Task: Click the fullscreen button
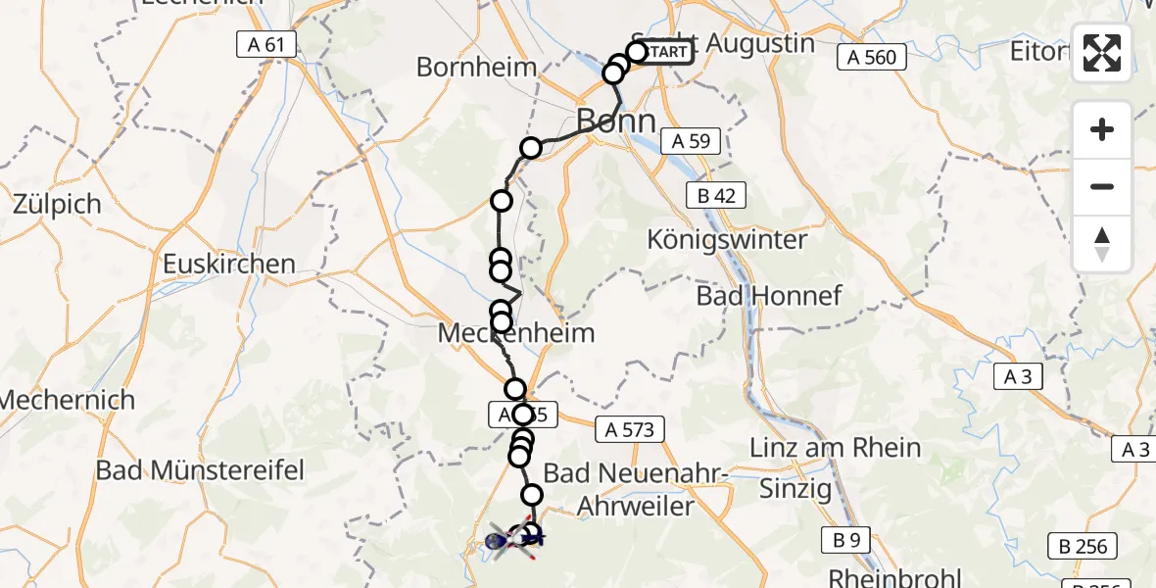pos(1102,53)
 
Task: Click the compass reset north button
pos(1102,244)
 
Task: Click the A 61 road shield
pos(265,44)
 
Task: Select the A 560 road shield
pos(872,58)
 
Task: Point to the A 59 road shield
pos(692,141)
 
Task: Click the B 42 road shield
pos(716,195)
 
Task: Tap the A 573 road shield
pos(630,428)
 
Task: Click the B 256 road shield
pos(1084,547)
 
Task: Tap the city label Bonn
pos(616,121)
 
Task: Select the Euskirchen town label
pos(229,264)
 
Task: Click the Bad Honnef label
pos(769,295)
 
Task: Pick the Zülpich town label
pos(58,205)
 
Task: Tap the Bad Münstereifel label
pos(200,470)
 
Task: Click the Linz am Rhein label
pos(835,448)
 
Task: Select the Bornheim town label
pos(477,67)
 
